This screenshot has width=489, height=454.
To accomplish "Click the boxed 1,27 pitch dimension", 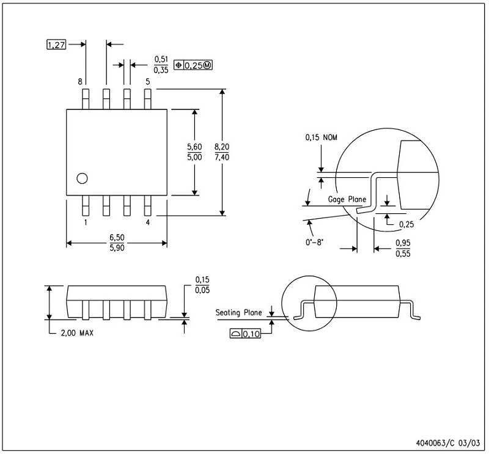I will [x=56, y=45].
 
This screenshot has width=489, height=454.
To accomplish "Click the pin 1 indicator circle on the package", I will [x=82, y=178].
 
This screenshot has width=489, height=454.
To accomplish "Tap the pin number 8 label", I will [x=80, y=81].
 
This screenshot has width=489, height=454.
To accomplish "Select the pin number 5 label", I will [x=147, y=81].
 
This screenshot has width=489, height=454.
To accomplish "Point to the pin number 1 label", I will [x=86, y=223].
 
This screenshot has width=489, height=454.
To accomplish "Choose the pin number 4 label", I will [x=147, y=223].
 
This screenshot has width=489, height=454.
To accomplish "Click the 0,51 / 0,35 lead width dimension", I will [x=161, y=64].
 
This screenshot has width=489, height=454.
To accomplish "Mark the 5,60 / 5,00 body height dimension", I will [x=194, y=152].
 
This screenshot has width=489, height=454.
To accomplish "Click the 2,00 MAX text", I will [x=76, y=334].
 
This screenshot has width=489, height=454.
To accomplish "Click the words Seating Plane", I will [x=238, y=313].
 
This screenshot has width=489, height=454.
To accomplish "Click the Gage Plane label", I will [x=347, y=199].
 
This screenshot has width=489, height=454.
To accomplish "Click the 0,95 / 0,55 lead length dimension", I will [x=403, y=249].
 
